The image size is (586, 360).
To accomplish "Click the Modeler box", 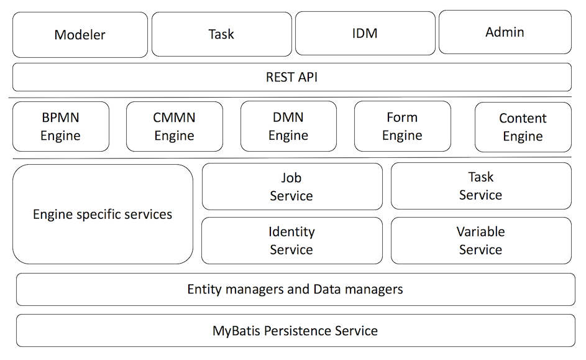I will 80,35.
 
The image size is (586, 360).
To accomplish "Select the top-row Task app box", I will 221,34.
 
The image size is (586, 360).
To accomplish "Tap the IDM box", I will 365,34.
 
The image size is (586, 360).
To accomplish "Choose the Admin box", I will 505,32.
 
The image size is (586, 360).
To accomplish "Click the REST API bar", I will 292,77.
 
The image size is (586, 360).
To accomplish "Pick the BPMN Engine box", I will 60,127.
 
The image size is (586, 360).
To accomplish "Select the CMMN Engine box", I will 174,127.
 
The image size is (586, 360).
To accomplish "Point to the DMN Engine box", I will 288,127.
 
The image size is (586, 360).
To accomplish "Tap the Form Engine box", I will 402,127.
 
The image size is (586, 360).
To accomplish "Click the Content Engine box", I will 523,127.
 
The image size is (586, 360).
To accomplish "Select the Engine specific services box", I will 103,215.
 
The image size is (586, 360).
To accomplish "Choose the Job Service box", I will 292,187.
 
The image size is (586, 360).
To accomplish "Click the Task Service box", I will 480,186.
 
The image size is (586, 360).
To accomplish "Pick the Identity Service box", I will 292,241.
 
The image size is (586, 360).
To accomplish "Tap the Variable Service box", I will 480,241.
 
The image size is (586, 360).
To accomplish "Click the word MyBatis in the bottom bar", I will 237,331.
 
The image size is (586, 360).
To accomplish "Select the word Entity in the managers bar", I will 204,289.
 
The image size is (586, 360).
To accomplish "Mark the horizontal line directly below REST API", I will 292,97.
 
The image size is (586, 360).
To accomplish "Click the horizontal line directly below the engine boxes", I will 292,157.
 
